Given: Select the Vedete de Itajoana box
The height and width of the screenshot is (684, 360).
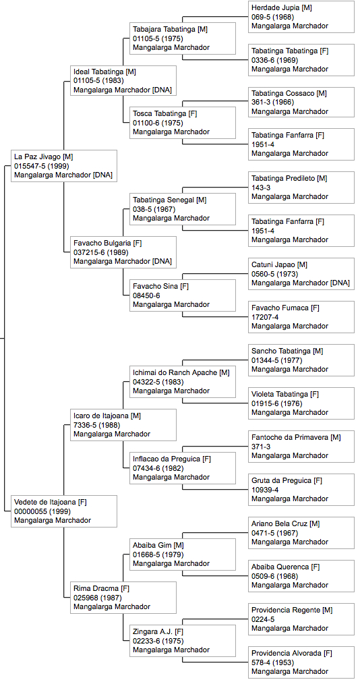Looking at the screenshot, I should [64, 511].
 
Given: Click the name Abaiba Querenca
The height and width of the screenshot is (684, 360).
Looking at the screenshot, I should [280, 567].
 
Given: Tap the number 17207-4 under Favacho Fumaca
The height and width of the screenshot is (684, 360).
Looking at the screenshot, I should [265, 317].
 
